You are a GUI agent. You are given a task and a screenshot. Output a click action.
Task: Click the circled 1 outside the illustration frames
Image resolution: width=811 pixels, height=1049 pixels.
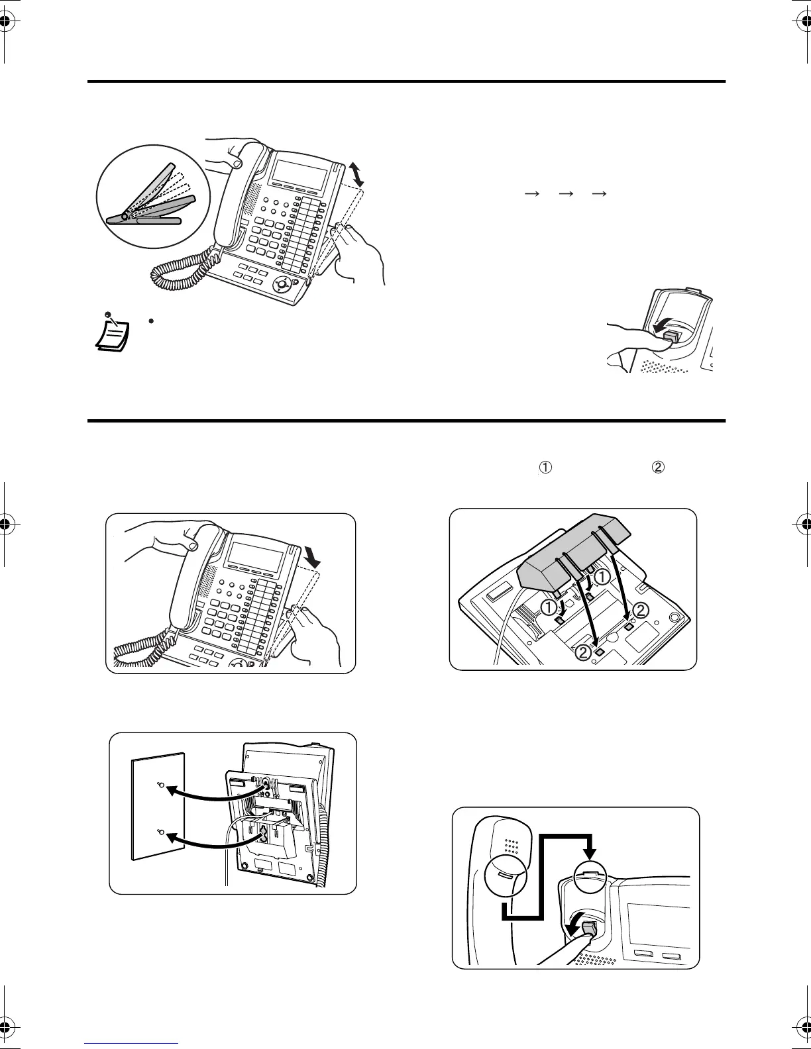545,468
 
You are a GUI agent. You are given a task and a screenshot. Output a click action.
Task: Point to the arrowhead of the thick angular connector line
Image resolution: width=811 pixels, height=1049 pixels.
592,852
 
